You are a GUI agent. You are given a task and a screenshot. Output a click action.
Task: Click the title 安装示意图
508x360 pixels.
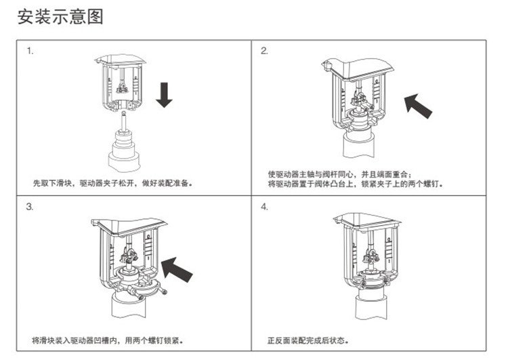tap(61, 16)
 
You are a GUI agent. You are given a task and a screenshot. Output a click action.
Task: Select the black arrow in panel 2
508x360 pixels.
tap(420, 105)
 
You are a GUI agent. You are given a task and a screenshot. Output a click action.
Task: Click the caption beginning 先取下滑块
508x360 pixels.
tap(113, 183)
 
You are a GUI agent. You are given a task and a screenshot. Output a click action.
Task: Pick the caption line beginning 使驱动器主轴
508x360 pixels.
tap(344, 174)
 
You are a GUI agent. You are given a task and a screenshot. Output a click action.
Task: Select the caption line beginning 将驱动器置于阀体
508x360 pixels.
tap(355, 183)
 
